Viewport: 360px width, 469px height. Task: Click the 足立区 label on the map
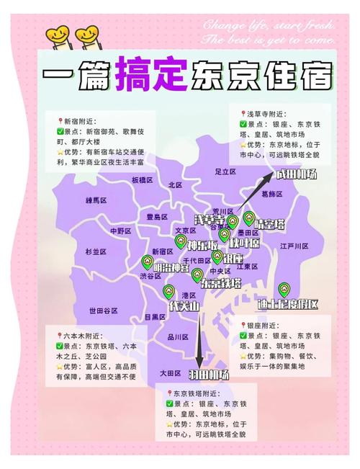tap(225, 171)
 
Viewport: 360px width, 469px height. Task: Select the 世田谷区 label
tap(104, 310)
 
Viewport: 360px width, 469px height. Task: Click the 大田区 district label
tap(170, 372)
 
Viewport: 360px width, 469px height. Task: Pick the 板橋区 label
tap(143, 179)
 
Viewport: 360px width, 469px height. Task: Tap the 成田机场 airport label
tap(296, 174)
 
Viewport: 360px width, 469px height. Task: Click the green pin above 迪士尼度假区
tap(284, 289)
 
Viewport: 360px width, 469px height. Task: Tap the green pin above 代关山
tap(168, 292)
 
